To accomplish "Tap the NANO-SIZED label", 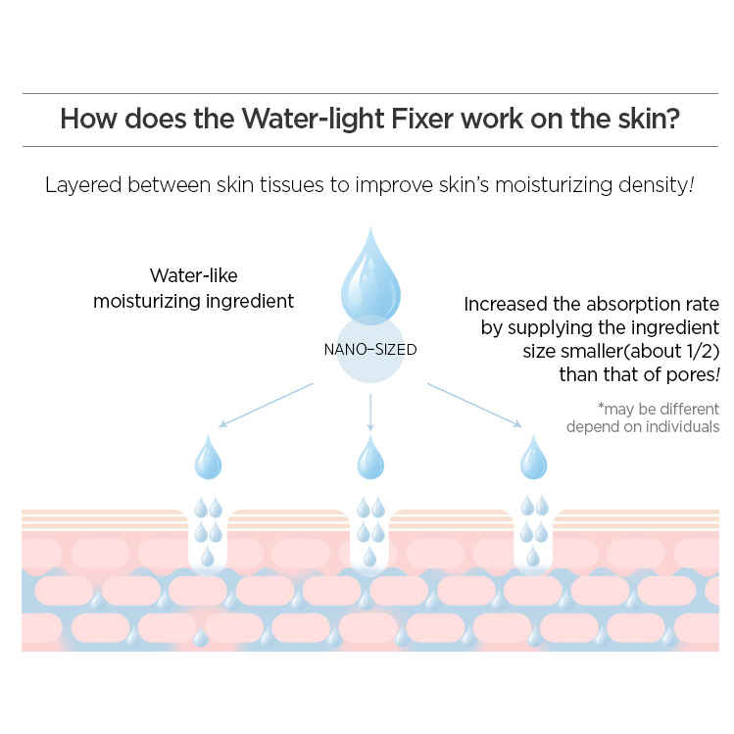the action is click(x=369, y=349).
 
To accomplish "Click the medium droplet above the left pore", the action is click(x=208, y=458).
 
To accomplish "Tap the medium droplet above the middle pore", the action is click(x=369, y=458).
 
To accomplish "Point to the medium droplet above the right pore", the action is click(x=534, y=458).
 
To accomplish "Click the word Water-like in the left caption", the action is click(x=194, y=275).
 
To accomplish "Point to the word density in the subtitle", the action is click(x=658, y=184).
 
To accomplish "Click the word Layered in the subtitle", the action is click(x=79, y=184).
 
